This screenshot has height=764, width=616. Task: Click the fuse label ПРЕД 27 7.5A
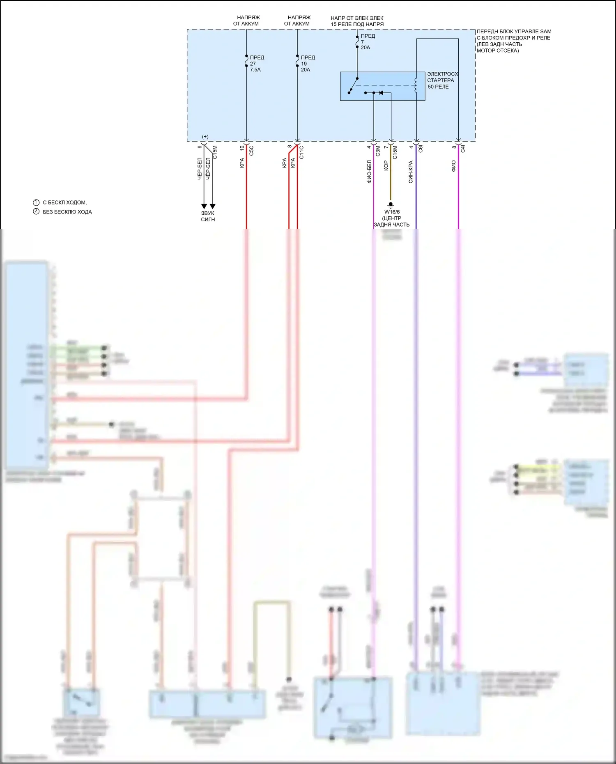coord(257,64)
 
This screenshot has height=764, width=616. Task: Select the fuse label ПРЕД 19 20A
coord(308,64)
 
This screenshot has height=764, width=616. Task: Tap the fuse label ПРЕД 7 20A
coord(367,42)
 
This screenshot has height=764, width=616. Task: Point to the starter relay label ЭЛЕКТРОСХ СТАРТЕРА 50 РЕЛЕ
coord(442,80)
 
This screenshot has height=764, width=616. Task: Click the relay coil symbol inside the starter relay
coord(416,85)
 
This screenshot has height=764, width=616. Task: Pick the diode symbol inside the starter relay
coord(381,93)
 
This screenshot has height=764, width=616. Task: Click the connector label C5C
coord(251,151)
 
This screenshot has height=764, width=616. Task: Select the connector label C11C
coord(301,152)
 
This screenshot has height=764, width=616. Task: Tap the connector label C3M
coord(378,151)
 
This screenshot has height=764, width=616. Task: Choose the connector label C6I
coord(421,149)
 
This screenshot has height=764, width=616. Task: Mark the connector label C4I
coord(463,149)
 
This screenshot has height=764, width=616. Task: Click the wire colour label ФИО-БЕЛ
coord(369,172)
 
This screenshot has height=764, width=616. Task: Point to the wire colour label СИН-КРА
coord(411,172)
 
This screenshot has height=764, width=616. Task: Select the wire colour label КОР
coord(386,165)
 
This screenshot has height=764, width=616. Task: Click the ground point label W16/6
coord(392,212)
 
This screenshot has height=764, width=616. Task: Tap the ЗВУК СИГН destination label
coord(208,216)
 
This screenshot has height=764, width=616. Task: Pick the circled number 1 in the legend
coord(36,202)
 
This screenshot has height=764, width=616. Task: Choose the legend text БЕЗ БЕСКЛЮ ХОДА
coord(67,212)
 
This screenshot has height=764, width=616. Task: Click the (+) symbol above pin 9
coord(205,137)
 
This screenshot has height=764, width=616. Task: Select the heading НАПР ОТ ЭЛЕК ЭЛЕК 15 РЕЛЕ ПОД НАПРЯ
coord(357,21)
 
